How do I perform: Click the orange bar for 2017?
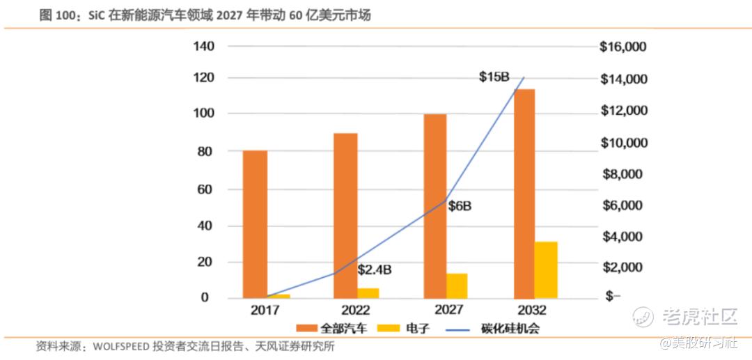tap(255, 224)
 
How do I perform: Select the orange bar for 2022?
tap(345, 215)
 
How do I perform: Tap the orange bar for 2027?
tap(435, 205)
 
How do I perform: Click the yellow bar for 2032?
tap(546, 269)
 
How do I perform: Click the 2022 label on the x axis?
tap(356, 311)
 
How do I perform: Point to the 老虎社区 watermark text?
tap(700, 317)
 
